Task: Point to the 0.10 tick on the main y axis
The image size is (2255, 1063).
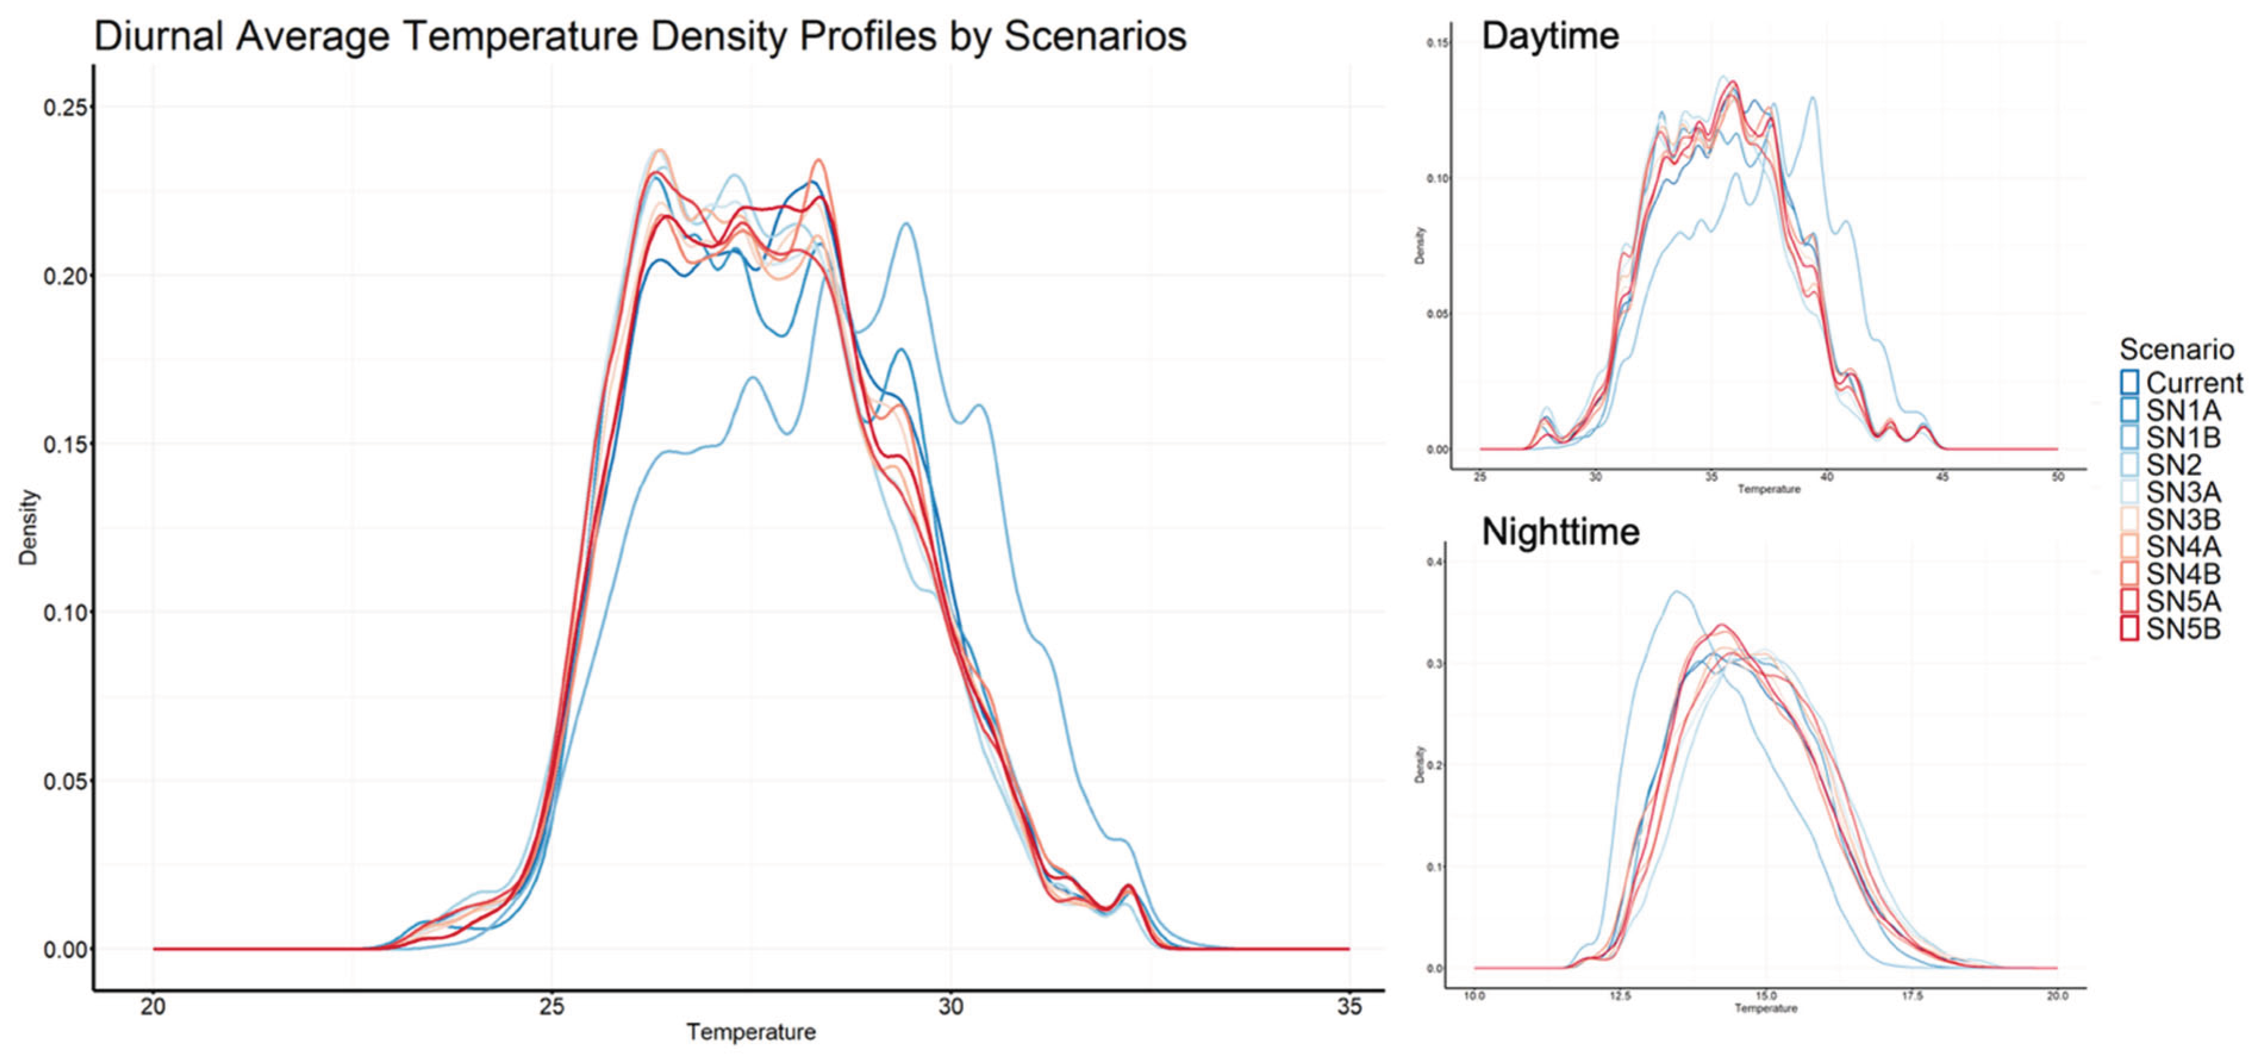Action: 67,612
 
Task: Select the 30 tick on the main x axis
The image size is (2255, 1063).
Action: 951,1007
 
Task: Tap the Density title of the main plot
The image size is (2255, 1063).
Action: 29,527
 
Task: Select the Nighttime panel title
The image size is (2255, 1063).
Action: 1560,532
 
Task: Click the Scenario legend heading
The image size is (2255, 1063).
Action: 2176,350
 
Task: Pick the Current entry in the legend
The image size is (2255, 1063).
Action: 2194,383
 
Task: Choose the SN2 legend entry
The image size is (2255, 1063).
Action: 2173,465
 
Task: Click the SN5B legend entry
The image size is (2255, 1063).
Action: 2182,629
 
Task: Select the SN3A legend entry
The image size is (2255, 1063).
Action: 2182,492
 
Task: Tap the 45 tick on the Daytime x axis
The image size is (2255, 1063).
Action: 1942,477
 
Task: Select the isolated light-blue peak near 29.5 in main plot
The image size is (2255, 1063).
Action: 906,225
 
